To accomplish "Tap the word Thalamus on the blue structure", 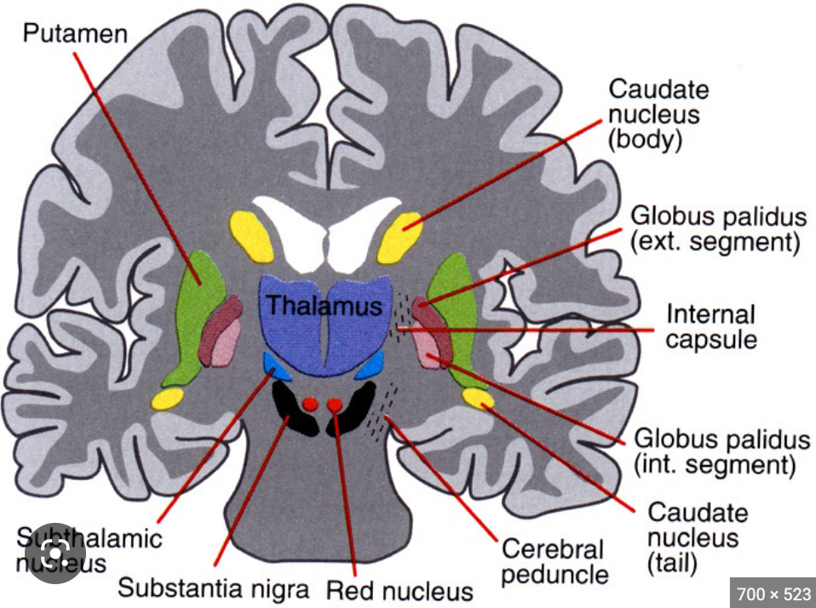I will point(323,306).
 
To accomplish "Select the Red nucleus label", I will point(399,590).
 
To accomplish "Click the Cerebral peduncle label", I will point(555,561).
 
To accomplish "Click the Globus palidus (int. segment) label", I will point(722,453).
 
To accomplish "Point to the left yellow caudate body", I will point(250,236).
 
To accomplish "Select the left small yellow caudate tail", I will point(167,399).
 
